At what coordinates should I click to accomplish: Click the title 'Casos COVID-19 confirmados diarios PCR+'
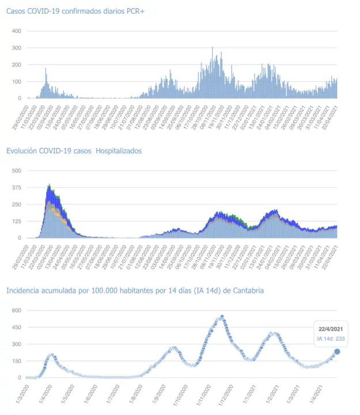coord(67,11)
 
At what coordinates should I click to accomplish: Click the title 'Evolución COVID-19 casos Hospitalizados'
coord(74,151)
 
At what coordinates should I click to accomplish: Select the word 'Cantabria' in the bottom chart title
coord(248,290)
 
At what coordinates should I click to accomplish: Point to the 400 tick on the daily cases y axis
coord(17,31)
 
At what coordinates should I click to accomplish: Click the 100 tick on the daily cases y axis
coord(17,81)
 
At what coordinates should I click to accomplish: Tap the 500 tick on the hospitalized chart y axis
coord(17,171)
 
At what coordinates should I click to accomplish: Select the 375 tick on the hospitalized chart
coord(17,187)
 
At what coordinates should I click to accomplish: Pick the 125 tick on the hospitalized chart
coord(17,221)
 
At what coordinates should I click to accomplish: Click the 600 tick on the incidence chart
coord(17,310)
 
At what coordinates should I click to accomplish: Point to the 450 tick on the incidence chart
coord(17,327)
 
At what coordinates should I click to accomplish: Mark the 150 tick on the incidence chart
coord(17,361)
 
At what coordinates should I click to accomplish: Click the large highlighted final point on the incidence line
coord(337,352)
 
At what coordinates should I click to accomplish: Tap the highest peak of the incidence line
coord(222,316)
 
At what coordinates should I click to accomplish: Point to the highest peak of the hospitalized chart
coord(50,186)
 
